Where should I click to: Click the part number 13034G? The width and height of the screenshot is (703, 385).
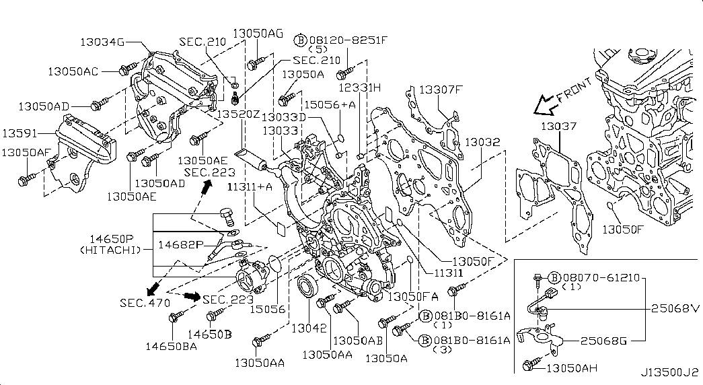tap(103, 42)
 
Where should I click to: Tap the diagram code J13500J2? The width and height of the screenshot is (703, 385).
tap(669, 372)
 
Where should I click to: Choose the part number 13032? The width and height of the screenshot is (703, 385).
tap(482, 142)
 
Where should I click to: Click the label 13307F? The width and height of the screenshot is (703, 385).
tap(441, 89)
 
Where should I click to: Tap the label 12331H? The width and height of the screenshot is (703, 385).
tap(359, 87)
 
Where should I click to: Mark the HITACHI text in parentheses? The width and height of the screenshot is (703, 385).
tap(111, 250)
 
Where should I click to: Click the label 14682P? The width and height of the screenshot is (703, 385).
tap(180, 244)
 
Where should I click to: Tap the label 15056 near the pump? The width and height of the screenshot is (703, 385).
tap(268, 309)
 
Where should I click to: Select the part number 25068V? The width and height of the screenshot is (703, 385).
tap(676, 308)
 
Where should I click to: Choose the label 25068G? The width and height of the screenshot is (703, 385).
tap(603, 341)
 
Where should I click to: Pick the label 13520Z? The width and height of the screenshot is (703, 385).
tap(237, 114)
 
